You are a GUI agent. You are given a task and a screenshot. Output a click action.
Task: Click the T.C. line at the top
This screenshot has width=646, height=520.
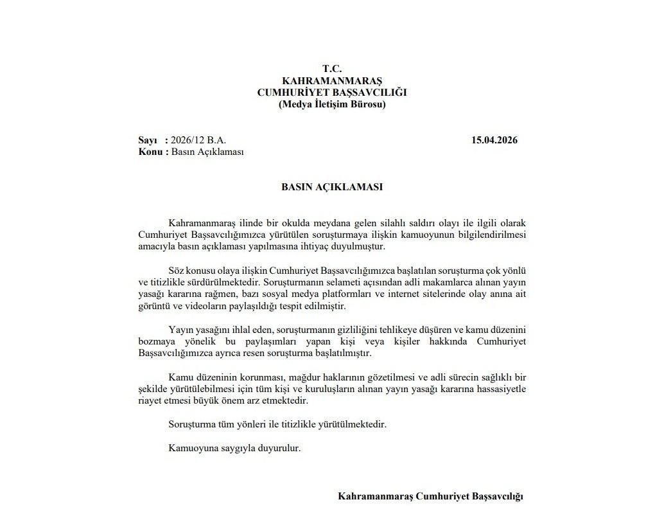coord(332,69)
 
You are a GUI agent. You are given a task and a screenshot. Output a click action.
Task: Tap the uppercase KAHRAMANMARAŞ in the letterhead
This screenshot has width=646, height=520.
coord(332,80)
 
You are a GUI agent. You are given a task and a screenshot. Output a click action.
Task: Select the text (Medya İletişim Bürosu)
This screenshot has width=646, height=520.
coord(332,104)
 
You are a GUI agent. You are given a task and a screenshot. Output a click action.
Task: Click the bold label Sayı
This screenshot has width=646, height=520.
coord(148,140)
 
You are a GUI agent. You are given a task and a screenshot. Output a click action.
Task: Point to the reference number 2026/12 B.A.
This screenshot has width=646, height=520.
coord(199,140)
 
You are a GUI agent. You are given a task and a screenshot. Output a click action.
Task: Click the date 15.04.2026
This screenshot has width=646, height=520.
coord(494,140)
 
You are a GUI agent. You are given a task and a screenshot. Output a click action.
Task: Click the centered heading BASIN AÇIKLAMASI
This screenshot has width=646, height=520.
coord(332,188)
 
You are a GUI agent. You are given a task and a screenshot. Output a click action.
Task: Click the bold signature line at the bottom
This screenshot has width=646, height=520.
coord(431,497)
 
